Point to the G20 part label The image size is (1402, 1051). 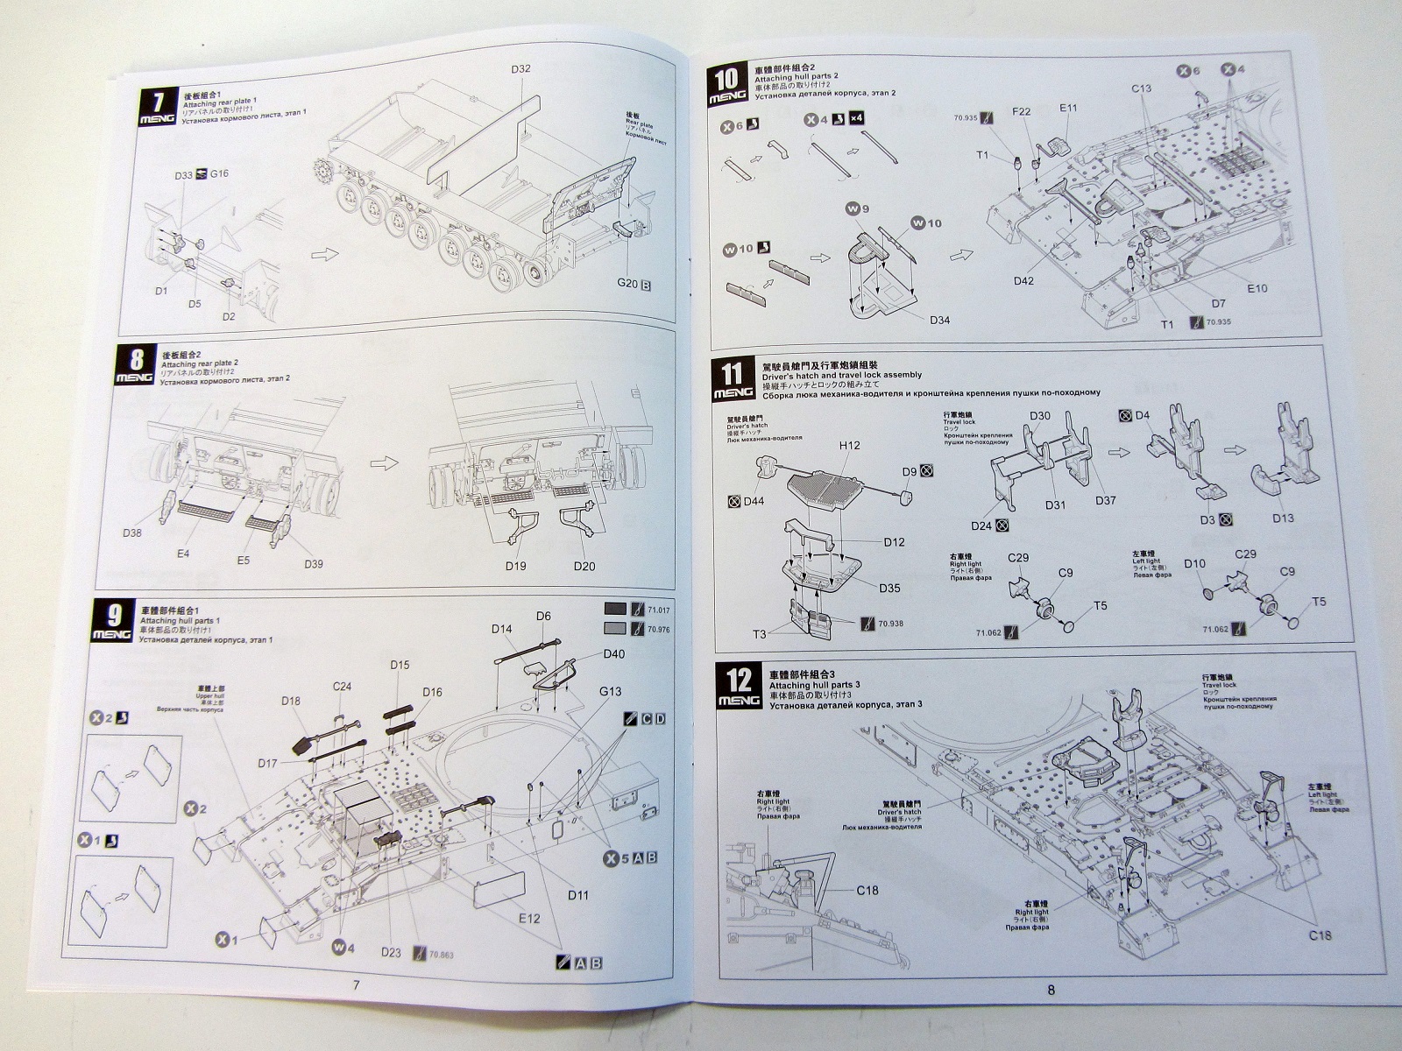[627, 285]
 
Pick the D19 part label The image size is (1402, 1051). [515, 566]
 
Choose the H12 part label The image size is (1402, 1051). [849, 445]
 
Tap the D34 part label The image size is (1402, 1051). [939, 319]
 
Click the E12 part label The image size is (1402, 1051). [528, 918]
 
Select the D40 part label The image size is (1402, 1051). [614, 654]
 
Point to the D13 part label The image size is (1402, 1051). [1282, 518]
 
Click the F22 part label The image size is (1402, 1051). [1021, 112]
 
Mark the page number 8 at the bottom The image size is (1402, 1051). [1051, 991]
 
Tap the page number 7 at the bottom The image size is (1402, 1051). [356, 985]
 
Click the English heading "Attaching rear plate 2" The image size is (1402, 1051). [202, 363]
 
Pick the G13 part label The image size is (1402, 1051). [611, 691]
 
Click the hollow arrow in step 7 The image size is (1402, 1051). [324, 253]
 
